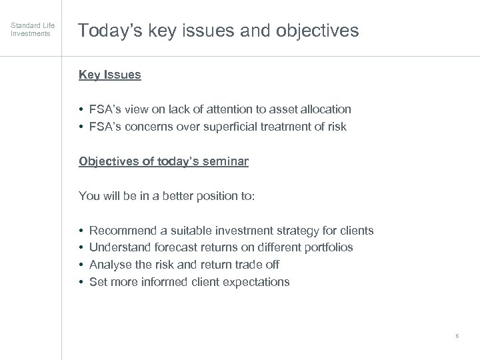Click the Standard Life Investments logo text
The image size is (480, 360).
(x=33, y=29)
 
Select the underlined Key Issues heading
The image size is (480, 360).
(x=110, y=75)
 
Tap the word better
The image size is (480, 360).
(x=166, y=196)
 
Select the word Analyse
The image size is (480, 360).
(x=111, y=265)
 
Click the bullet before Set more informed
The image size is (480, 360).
(x=81, y=282)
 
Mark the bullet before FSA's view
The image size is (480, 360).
(x=81, y=109)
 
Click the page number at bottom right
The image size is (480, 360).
(x=457, y=336)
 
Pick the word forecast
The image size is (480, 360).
(x=177, y=247)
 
